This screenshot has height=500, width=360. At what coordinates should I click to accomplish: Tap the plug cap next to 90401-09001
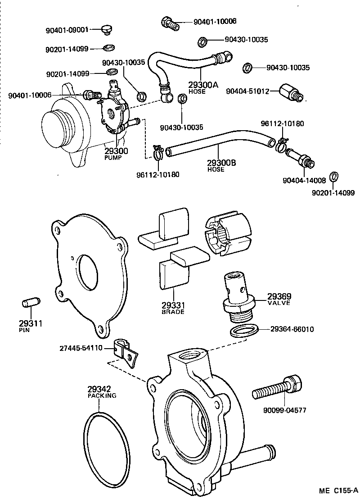106,30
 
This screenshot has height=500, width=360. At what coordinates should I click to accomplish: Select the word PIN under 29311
24,330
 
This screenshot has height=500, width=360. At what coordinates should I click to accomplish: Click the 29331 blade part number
172,305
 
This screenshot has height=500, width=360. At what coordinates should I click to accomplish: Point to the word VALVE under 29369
279,303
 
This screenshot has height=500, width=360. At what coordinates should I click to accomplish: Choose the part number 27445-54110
81,348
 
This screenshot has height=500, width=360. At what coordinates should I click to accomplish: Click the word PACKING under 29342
102,395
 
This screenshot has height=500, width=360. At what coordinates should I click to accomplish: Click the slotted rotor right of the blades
228,235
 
